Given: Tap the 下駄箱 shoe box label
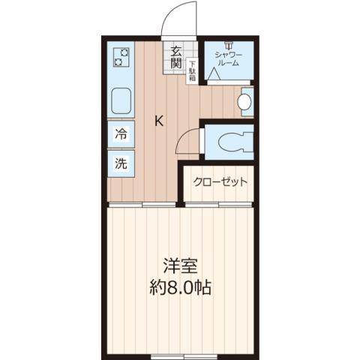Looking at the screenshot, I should (x=192, y=70).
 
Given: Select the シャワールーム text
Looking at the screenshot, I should (x=227, y=58).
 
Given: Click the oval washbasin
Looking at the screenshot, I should (x=244, y=102).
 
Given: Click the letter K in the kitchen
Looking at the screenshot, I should (x=159, y=118).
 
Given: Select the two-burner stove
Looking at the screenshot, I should (x=121, y=58).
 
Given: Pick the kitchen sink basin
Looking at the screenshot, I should (x=121, y=100).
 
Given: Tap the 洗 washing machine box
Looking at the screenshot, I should (x=121, y=163).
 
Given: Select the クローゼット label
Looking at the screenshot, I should (x=220, y=181).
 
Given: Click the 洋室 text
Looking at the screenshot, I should (x=181, y=265).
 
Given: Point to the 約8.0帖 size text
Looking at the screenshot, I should (x=181, y=288).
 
